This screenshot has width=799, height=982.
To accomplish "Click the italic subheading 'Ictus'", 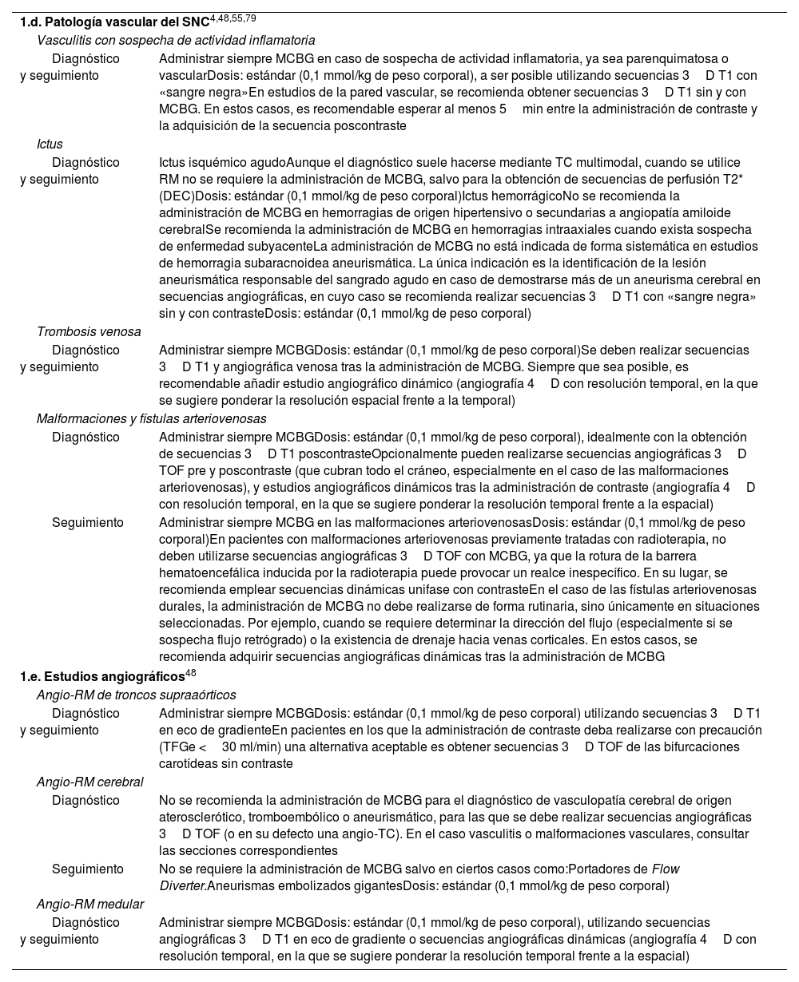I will (50, 145).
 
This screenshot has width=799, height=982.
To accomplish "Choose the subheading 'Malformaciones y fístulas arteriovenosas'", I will (152, 419).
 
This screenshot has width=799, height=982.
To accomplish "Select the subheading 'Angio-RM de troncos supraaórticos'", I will (136, 695).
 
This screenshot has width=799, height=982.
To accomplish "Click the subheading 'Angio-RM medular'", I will (90, 905).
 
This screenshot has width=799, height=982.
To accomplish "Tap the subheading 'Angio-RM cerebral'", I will (90, 782).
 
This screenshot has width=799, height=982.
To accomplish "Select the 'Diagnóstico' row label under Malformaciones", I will (85, 437).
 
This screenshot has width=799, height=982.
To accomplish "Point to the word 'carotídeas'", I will (191, 764).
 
